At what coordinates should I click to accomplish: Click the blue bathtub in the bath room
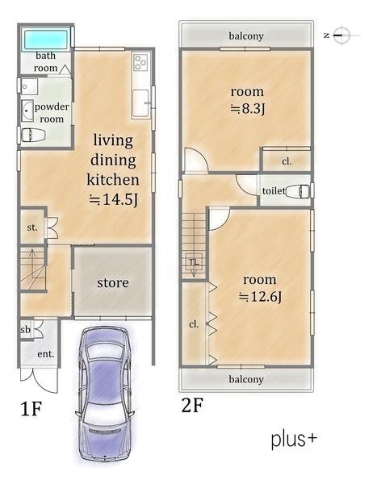[46, 40]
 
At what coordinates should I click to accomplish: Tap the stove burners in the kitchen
[141, 62]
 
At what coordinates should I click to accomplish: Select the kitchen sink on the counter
[140, 102]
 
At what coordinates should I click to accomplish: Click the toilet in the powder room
[32, 135]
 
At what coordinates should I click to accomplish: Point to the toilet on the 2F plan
[297, 191]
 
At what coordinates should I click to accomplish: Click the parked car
[104, 394]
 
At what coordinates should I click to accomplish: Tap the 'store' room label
[113, 283]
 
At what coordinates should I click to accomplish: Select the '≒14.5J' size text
[113, 200]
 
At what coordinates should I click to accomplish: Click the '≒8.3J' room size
[248, 109]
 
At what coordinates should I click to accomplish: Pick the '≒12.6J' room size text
[260, 297]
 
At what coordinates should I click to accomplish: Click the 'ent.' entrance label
[46, 354]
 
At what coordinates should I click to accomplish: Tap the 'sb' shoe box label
[25, 330]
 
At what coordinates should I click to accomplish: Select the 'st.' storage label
[32, 227]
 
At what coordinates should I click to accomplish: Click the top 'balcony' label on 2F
[246, 36]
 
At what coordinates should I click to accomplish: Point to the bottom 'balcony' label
[246, 379]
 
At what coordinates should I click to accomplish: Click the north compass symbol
[341, 35]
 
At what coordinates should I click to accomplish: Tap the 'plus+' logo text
[294, 440]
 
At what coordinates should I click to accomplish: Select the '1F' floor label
[31, 409]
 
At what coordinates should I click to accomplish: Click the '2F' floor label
[192, 405]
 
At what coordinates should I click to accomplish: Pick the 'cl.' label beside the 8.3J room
[287, 161]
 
